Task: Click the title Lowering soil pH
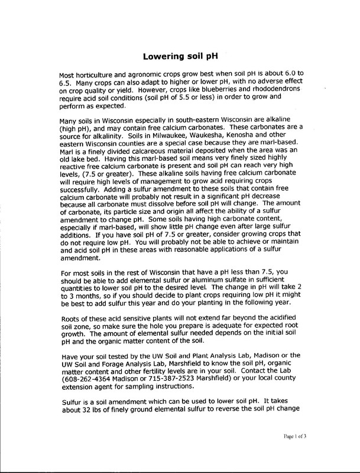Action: (x=180, y=57)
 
